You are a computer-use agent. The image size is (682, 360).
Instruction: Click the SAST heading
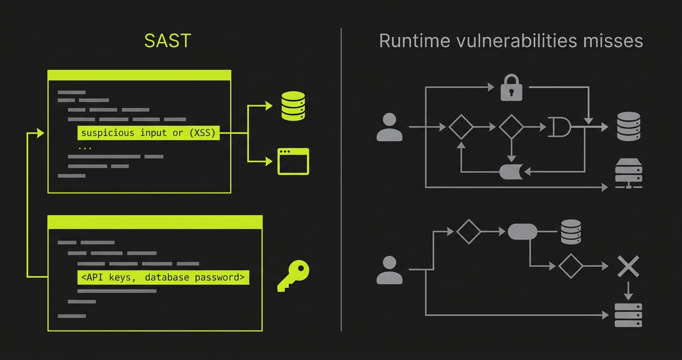(x=167, y=41)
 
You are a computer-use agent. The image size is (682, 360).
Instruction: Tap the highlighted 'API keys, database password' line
(x=163, y=277)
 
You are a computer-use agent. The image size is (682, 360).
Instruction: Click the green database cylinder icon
(x=293, y=105)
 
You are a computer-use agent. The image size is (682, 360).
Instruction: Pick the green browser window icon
(x=293, y=161)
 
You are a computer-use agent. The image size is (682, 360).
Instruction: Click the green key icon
(x=294, y=276)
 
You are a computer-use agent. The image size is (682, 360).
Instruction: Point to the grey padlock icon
(x=511, y=87)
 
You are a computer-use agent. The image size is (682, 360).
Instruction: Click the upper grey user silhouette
(x=389, y=127)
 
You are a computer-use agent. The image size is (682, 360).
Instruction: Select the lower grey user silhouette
(x=389, y=270)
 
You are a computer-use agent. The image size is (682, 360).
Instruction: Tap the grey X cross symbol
(x=628, y=267)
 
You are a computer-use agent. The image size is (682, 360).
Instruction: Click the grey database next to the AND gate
(x=628, y=126)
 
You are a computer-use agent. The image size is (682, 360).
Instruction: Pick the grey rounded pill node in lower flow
(x=522, y=232)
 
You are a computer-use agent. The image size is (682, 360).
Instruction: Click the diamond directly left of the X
(x=570, y=266)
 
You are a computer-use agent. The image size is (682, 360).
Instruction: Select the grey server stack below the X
(x=628, y=315)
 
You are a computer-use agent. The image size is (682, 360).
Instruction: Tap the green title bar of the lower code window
(x=155, y=222)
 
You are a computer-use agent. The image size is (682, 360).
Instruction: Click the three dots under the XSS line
(x=85, y=148)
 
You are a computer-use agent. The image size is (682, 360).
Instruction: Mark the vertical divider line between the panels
(x=341, y=180)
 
